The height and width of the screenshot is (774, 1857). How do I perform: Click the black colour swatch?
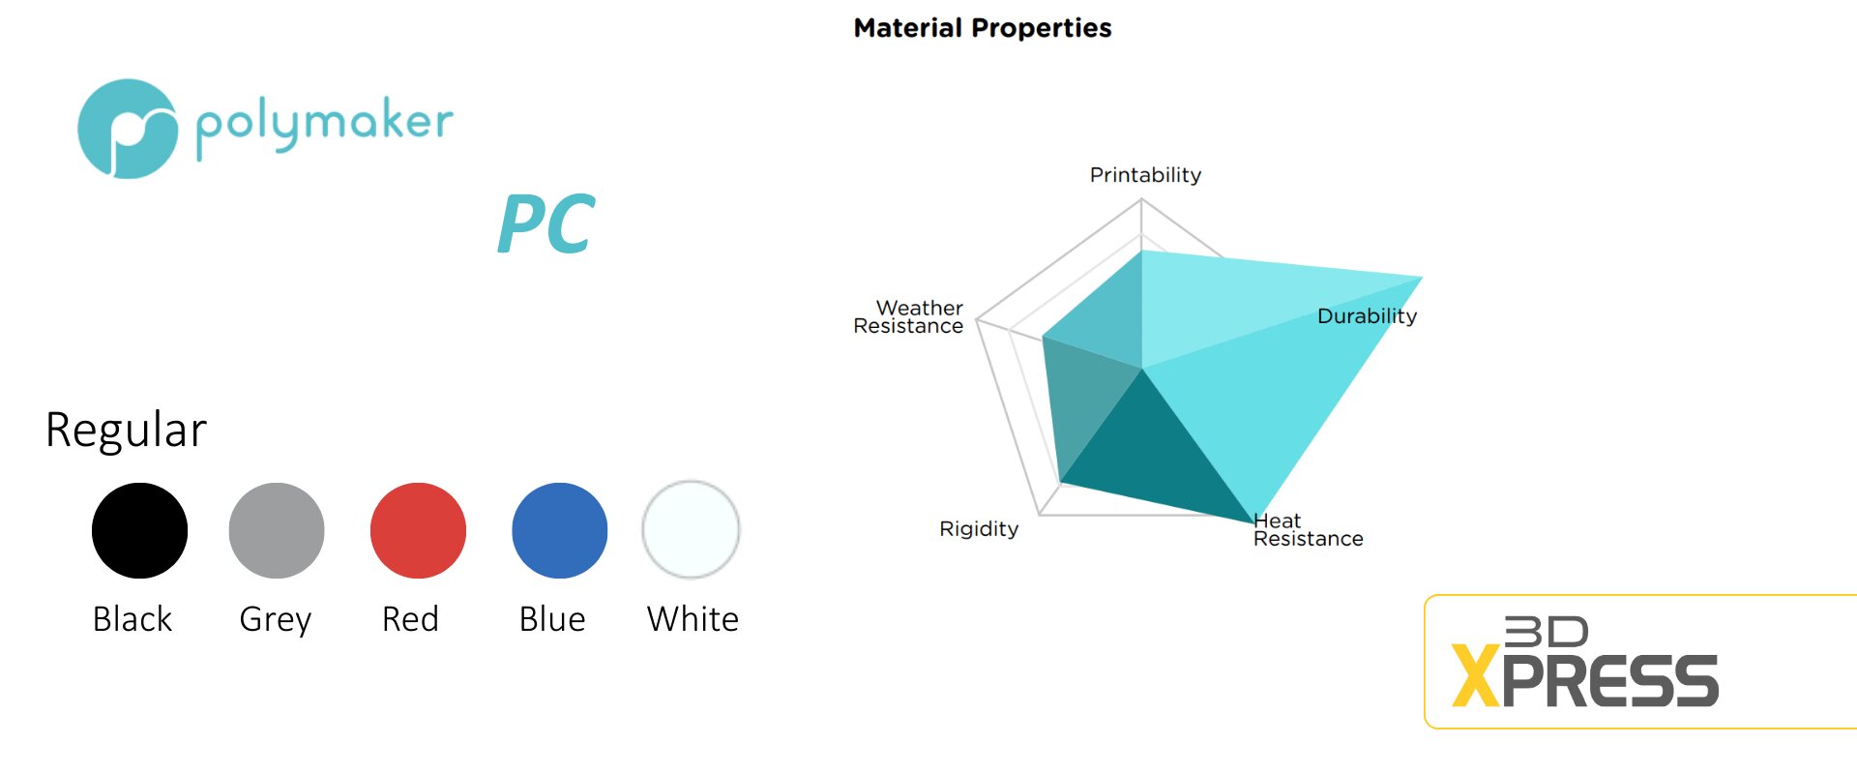tap(139, 530)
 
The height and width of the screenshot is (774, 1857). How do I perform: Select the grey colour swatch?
tap(277, 530)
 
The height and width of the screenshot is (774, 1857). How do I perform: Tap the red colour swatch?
tap(418, 530)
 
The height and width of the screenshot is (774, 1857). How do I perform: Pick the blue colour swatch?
tap(559, 530)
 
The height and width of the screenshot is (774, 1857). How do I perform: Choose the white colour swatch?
tap(691, 529)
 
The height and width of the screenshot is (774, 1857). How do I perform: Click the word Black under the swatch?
tap(133, 619)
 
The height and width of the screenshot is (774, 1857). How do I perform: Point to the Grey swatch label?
tap(276, 620)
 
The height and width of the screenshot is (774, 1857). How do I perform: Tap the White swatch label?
tap(693, 619)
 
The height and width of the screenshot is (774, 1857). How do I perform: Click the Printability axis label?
tap(1145, 175)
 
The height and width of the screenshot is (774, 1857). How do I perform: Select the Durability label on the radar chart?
tap(1367, 316)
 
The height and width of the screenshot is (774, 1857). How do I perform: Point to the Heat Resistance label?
tap(1308, 530)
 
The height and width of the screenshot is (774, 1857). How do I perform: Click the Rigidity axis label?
tap(979, 529)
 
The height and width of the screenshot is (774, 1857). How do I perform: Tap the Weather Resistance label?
tap(908, 317)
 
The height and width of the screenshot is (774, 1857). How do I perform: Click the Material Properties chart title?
tap(983, 28)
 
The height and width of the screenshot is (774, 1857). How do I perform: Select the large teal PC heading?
tap(545, 223)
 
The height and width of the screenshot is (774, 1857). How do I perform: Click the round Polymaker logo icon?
tap(128, 129)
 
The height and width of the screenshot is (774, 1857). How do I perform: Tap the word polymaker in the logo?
tap(324, 125)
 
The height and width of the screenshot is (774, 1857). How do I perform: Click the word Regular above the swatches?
tap(126, 430)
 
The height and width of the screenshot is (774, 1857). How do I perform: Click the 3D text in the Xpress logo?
tap(1547, 632)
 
